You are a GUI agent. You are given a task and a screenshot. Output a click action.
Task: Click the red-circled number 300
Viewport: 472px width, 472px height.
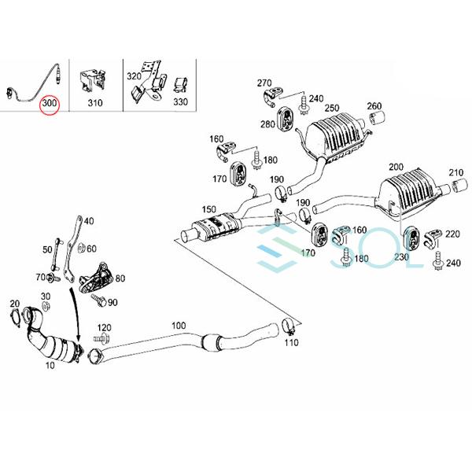click(x=50, y=103)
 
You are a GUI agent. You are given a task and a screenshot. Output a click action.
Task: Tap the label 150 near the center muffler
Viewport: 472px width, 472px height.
click(x=208, y=209)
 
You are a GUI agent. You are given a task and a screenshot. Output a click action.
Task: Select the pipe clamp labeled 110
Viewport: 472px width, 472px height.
click(x=288, y=325)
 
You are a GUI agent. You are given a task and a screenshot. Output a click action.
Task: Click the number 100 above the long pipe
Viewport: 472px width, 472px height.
click(x=178, y=325)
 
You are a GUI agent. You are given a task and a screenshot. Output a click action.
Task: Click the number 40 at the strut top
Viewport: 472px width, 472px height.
click(x=88, y=221)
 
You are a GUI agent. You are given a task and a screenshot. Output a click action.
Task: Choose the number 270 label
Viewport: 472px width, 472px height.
click(x=264, y=82)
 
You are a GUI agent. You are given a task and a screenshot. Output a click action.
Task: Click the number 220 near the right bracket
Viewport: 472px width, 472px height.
click(x=452, y=234)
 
